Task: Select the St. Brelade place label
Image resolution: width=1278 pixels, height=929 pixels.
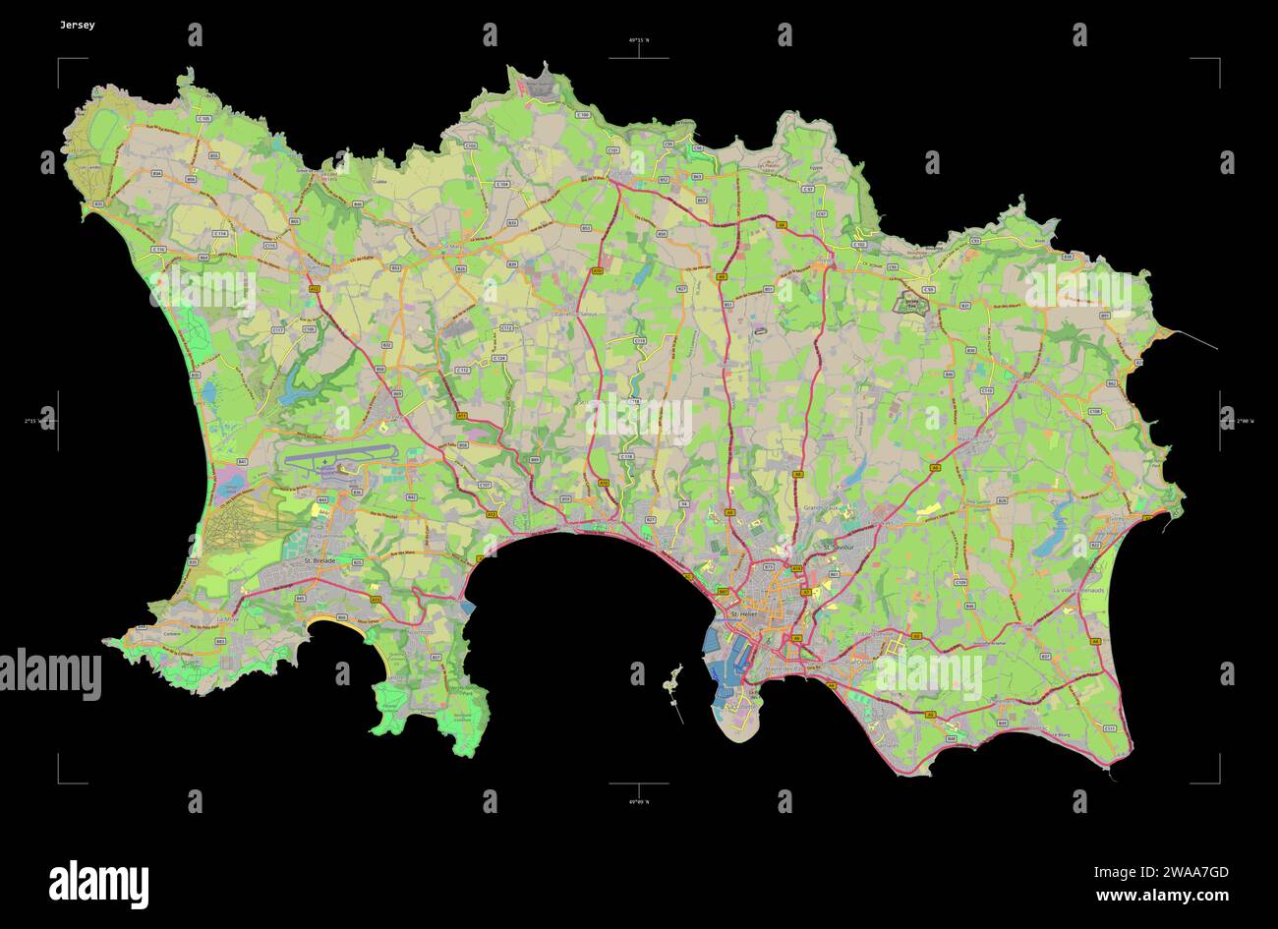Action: [319, 560]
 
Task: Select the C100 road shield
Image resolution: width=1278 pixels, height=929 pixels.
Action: [583, 115]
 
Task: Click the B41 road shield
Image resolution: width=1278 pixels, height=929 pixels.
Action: [243, 462]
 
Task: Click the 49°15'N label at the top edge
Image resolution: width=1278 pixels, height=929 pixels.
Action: [639, 40]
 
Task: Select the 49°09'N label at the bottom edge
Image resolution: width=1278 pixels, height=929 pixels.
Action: [639, 801]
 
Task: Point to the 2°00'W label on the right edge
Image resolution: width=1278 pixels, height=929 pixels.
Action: [1245, 421]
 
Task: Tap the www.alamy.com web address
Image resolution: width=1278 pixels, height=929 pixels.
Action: [1162, 896]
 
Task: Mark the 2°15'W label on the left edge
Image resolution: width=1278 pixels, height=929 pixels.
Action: [33, 421]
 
